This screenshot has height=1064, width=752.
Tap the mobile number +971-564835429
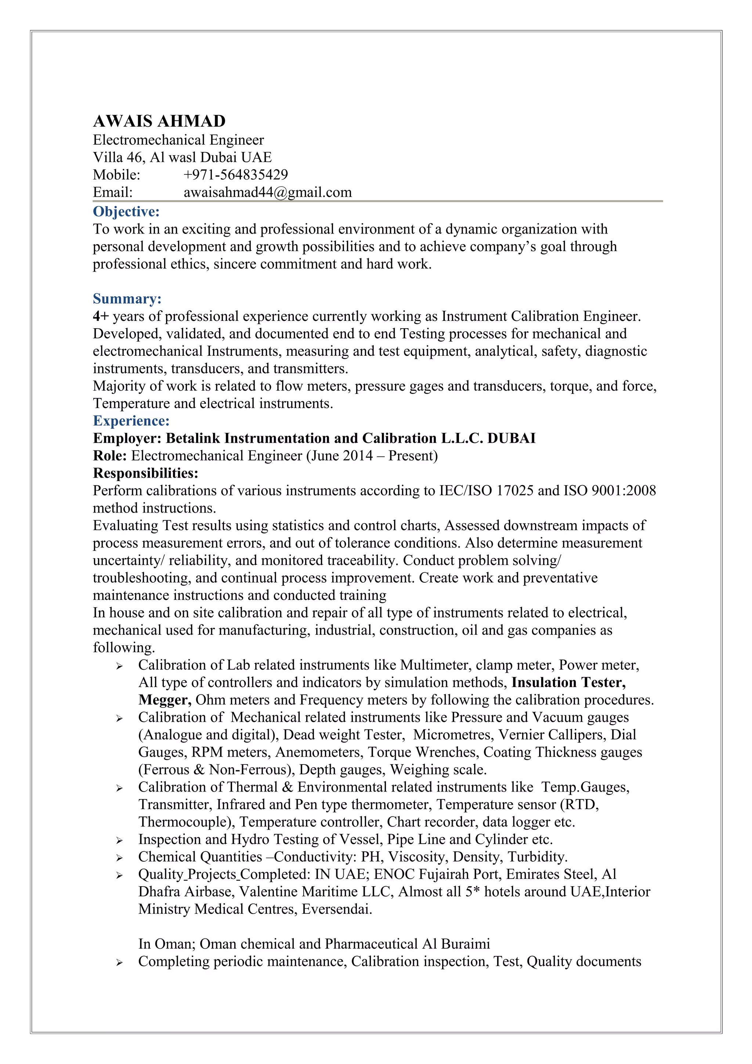pos(235,175)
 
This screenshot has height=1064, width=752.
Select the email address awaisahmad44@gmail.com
pos(267,192)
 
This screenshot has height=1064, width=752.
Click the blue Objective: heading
pos(126,211)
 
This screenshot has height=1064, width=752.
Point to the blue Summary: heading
pos(127,298)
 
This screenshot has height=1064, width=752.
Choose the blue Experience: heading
pos(131,421)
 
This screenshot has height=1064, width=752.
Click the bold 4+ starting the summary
pos(100,316)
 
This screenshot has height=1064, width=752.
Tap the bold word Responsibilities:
pos(145,473)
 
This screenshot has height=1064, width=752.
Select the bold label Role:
pos(110,456)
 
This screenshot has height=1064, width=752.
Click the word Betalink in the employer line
pos(193,438)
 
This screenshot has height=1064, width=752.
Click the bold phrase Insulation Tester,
pos(568,682)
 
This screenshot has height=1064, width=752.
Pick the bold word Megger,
pos(164,700)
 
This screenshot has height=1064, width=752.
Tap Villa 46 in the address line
pos(119,157)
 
